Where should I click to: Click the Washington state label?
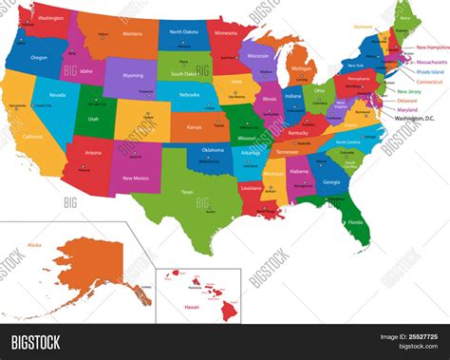tap(51, 17)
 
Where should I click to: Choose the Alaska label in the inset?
tap(34, 245)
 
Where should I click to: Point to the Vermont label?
tap(364, 27)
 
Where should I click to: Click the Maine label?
tap(405, 17)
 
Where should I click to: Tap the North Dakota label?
tap(184, 32)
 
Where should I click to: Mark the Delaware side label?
tap(406, 99)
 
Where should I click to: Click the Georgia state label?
tap(331, 181)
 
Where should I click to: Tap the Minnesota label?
tap(227, 32)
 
